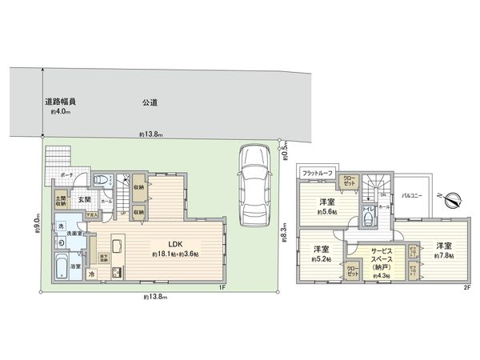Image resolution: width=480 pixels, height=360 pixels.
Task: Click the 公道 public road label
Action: [150, 102]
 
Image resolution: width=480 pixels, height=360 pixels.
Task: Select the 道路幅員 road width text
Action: [60, 102]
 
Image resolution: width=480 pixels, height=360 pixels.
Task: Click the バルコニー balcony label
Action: [412, 194]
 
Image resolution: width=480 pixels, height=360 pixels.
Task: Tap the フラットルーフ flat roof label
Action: [316, 172]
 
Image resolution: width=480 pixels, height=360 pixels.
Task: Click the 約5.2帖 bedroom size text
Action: [322, 258]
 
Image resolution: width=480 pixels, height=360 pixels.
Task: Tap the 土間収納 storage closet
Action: [61, 202]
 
